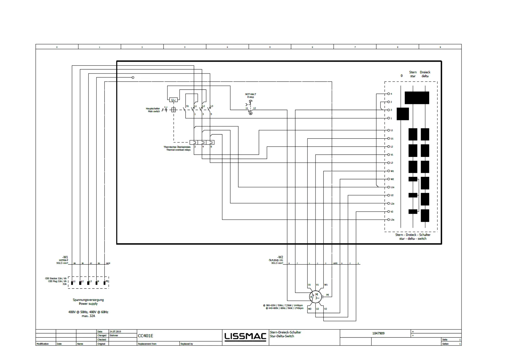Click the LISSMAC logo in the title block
[245, 336]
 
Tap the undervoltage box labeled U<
[173, 100]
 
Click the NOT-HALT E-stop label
[251, 96]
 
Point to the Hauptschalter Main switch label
[153, 110]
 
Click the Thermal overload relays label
[177, 148]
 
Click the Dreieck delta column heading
[425, 74]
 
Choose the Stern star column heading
[413, 74]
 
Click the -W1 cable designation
[65, 257]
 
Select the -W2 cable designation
[280, 257]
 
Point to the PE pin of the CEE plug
[105, 283]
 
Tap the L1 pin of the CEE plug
[72, 283]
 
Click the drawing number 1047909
[378, 333]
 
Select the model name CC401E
[145, 336]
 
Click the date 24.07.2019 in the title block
[115, 332]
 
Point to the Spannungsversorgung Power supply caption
[88, 302]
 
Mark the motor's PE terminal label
[327, 295]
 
